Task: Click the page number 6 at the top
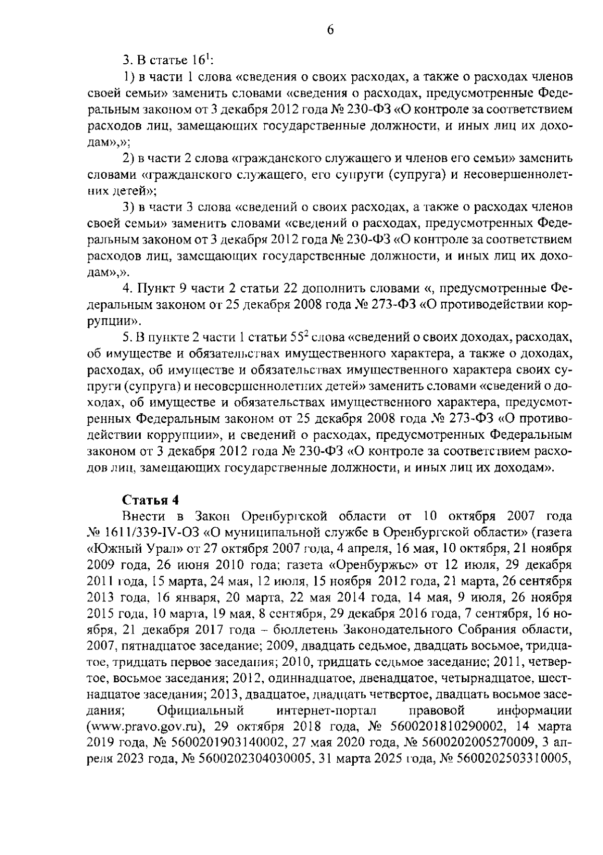330,30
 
